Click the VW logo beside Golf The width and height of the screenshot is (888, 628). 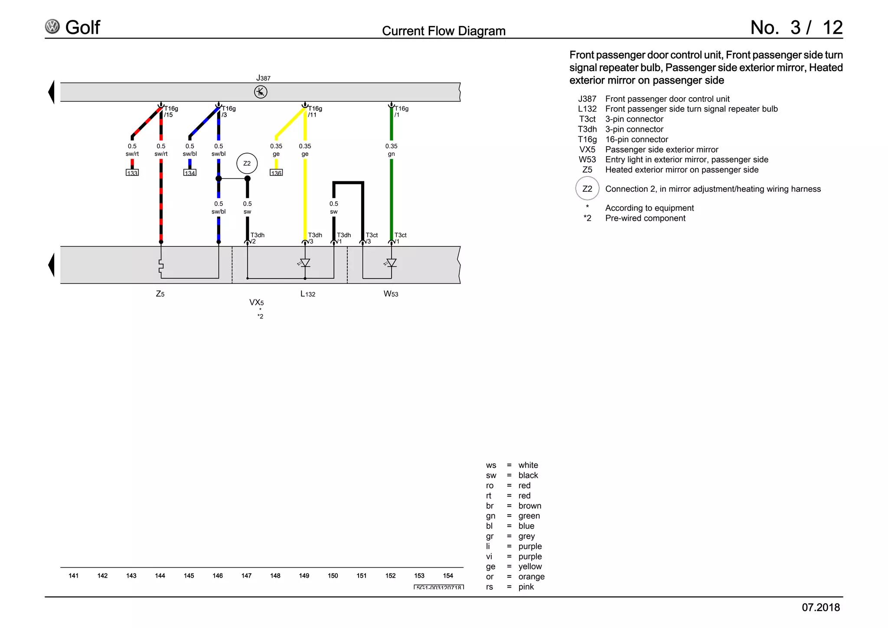52,27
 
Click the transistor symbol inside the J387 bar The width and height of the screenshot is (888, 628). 261,92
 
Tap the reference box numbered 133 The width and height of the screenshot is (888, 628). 132,173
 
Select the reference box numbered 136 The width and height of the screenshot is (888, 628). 276,173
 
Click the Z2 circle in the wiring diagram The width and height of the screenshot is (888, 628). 247,164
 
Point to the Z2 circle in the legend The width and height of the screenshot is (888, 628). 587,189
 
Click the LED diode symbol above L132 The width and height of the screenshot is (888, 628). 305,263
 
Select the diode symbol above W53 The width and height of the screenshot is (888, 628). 391,263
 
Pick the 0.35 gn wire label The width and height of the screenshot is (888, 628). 391,150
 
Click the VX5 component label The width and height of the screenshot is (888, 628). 256,302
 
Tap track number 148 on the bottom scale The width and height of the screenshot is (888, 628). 275,576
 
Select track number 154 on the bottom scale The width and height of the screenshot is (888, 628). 448,576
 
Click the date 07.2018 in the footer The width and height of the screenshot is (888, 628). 820,607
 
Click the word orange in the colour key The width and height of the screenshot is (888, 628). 531,576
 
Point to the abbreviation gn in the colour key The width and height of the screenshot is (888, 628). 490,516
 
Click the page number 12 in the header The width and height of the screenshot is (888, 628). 832,28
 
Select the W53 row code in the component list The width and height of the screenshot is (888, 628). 587,160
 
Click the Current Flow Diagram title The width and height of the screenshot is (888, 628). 444,31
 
